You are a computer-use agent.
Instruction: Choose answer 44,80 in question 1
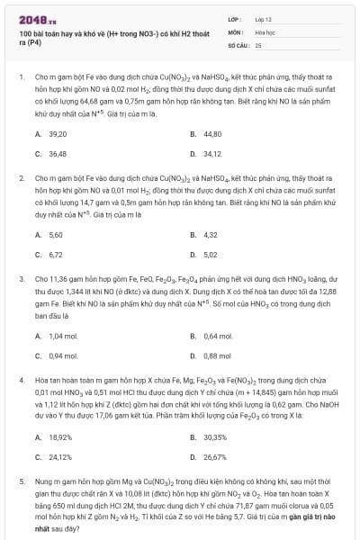click(212, 133)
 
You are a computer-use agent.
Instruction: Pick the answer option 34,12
click(212, 153)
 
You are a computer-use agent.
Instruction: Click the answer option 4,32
click(211, 234)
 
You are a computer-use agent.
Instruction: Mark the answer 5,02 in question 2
click(211, 254)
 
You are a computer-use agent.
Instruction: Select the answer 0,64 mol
click(216, 335)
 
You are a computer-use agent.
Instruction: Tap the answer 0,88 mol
click(216, 355)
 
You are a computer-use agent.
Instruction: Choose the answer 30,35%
click(215, 436)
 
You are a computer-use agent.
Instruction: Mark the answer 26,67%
click(215, 456)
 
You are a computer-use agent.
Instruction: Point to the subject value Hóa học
click(265, 31)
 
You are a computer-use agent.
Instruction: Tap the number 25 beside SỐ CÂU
click(258, 44)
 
